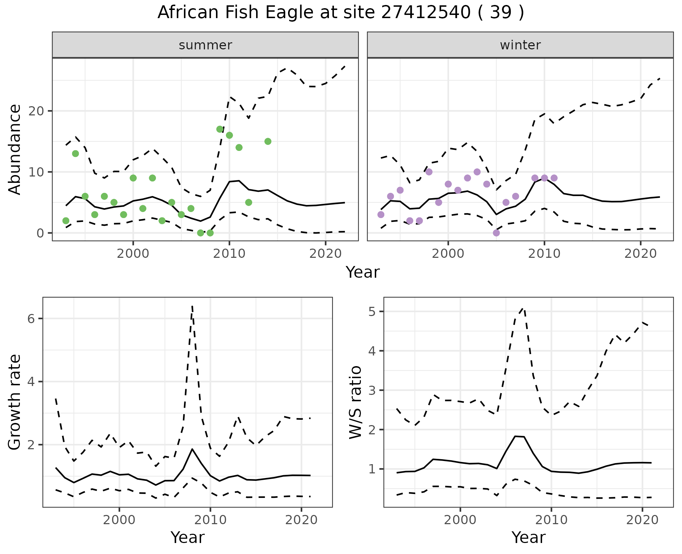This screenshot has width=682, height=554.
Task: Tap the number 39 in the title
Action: pos(501,12)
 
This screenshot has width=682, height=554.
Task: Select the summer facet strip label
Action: pos(205,45)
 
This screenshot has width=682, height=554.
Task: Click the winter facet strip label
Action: pos(520,45)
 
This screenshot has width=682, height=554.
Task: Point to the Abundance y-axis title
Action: pos(15,149)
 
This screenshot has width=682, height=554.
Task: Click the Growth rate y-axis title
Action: pos(15,402)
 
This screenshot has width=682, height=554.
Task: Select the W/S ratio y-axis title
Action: pos(355,402)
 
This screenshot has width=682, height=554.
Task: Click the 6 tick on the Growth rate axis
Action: pos(31,319)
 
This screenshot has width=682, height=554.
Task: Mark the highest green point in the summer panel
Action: pos(220,129)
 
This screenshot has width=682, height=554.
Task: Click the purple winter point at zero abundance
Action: pos(496,233)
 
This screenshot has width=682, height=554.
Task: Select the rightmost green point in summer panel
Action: pos(268,141)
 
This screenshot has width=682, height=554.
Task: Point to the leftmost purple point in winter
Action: pos(381,214)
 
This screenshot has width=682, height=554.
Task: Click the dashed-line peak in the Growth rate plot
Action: pos(192,306)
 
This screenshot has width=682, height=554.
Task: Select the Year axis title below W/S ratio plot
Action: pos(528,537)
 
